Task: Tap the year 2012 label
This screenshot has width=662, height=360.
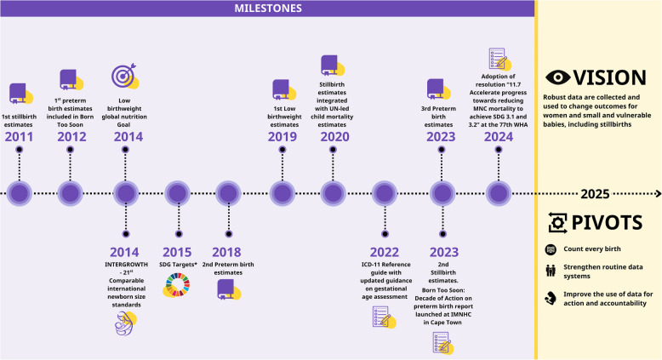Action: click(x=72, y=137)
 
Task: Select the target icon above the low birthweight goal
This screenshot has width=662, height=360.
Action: click(x=124, y=77)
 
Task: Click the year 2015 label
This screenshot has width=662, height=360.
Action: click(x=178, y=251)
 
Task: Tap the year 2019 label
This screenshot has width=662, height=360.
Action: click(x=282, y=137)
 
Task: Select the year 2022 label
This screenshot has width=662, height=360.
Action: click(x=385, y=251)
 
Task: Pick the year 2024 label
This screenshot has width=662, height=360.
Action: click(x=498, y=137)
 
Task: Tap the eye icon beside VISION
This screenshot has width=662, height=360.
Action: click(x=557, y=76)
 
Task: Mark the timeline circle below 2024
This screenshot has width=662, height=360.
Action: click(x=498, y=193)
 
